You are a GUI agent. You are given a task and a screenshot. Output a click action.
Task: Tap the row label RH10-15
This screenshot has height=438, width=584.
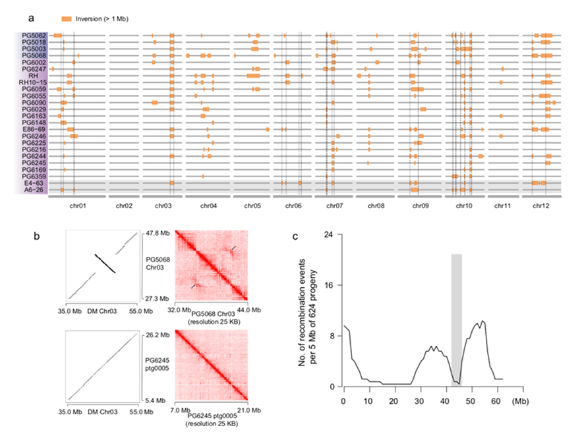coord(32,82)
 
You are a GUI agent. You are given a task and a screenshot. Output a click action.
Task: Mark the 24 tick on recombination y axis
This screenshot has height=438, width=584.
coord(334,234)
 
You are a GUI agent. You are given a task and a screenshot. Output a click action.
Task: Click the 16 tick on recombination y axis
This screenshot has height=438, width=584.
coord(334,285)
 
